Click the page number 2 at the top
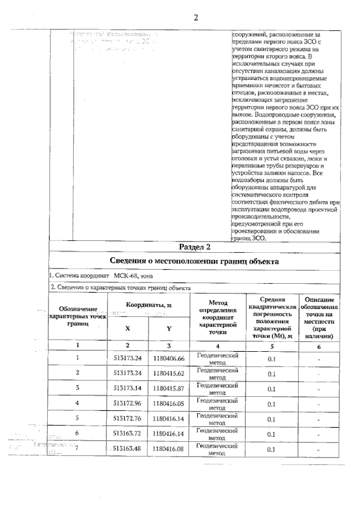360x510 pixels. (x=196, y=17)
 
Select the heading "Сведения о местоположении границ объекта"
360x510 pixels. (x=195, y=261)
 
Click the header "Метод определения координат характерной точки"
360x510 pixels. (x=217, y=317)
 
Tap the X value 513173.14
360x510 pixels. (x=127, y=388)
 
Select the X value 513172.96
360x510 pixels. (x=127, y=404)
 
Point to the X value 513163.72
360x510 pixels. (x=127, y=434)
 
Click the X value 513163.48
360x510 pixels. (x=127, y=449)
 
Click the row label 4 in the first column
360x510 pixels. (x=78, y=403)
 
